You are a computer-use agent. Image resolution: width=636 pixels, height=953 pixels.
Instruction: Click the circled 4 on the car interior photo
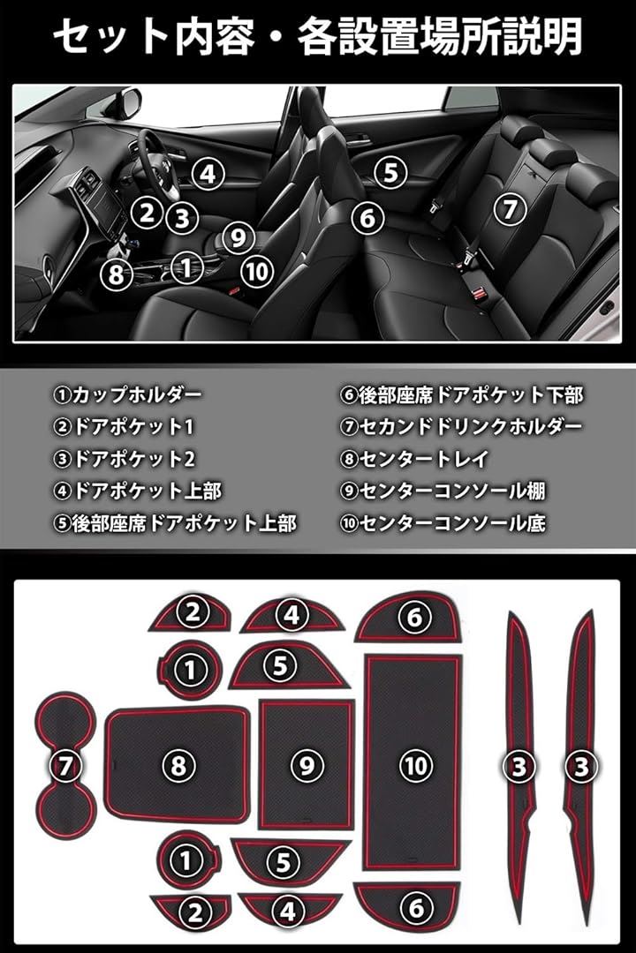click(x=208, y=174)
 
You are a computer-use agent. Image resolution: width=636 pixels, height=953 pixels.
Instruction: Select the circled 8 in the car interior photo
click(x=116, y=274)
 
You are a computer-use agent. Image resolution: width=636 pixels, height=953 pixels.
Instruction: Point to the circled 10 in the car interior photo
click(x=257, y=271)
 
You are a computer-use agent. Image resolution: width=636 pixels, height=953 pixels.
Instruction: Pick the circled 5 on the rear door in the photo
click(x=390, y=172)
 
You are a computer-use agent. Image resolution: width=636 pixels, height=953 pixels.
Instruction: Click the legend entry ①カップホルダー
click(x=127, y=395)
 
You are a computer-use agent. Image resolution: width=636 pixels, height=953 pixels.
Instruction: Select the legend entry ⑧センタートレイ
click(x=414, y=459)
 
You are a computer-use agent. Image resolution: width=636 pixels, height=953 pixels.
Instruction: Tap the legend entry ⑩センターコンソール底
click(x=443, y=523)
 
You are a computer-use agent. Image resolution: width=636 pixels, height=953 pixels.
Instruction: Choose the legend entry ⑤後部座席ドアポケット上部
click(x=175, y=523)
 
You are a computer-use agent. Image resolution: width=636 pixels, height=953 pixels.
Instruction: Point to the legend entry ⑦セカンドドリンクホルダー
click(x=461, y=427)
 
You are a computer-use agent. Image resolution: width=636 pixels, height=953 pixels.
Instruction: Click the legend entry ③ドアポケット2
click(x=125, y=459)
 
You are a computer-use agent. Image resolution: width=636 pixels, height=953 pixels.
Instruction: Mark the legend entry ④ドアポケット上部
click(x=138, y=492)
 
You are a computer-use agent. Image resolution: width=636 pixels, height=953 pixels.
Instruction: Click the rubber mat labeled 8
click(x=177, y=764)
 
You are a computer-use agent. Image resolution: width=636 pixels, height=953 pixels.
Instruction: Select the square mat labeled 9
click(x=307, y=764)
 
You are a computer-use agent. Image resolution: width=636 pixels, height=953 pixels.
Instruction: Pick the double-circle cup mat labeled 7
click(x=64, y=765)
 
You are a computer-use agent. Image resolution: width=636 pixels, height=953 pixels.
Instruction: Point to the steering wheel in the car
click(x=160, y=164)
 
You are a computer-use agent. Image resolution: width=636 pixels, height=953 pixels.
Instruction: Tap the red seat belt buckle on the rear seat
click(x=482, y=296)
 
